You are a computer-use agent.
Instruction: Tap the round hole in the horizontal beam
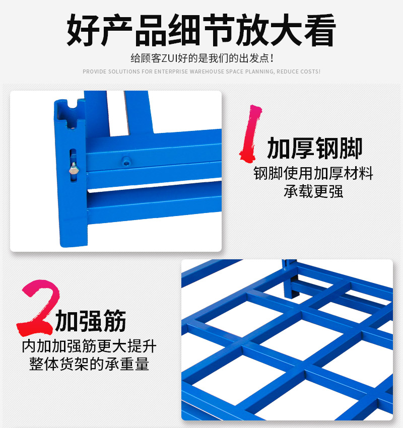click(x=126, y=161)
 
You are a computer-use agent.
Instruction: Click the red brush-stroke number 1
click(x=250, y=133)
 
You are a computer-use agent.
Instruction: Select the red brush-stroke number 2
click(x=38, y=307)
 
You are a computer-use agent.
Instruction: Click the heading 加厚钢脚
click(x=315, y=148)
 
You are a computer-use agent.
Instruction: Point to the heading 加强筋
click(x=90, y=321)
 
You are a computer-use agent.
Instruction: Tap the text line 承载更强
click(x=313, y=191)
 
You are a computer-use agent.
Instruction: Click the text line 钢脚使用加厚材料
click(x=313, y=173)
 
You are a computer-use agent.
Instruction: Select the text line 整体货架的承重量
click(x=89, y=364)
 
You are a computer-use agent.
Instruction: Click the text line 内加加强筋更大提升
click(x=89, y=346)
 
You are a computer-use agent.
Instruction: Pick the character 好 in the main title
click(x=83, y=30)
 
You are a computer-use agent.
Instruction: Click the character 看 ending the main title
click(x=320, y=30)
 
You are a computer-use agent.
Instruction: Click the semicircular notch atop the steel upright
click(x=73, y=103)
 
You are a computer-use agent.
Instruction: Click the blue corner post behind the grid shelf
click(x=291, y=278)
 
